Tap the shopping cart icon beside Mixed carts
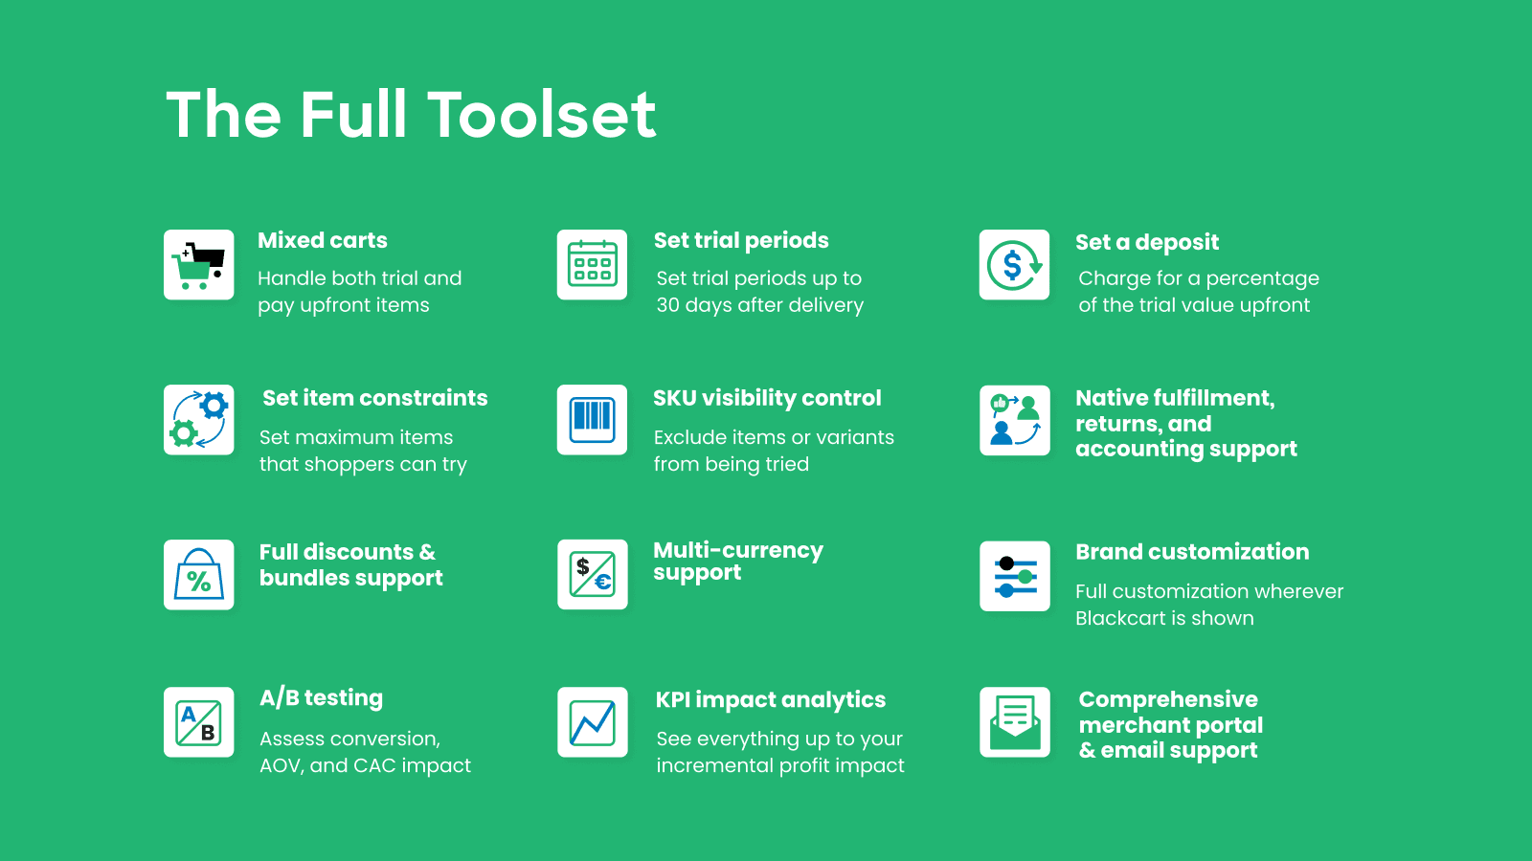point(198,264)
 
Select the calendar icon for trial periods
point(592,264)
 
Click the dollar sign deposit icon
point(1014,264)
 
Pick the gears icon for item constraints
point(198,420)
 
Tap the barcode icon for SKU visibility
point(592,420)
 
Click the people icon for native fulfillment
point(1014,420)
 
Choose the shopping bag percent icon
point(198,575)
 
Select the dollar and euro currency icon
point(593,575)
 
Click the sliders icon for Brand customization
point(1014,576)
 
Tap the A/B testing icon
point(198,722)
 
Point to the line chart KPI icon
point(593,722)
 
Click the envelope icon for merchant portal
point(1014,722)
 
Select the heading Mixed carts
point(322,240)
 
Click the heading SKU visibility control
point(767,398)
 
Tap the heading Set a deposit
point(1147,242)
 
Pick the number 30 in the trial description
point(667,305)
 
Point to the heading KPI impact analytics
point(770,699)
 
